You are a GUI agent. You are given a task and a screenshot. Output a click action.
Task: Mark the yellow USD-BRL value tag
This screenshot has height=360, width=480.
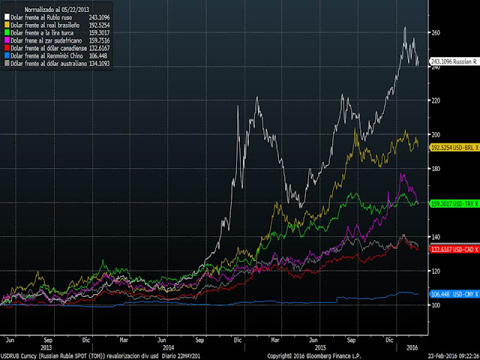point(453,148)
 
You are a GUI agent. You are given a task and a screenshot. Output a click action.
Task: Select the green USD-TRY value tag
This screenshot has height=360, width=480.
point(453,204)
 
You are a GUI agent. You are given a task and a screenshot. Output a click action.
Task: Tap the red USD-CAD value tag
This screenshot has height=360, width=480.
point(453,249)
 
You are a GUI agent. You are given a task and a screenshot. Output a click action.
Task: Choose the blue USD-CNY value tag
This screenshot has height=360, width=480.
point(453,294)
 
